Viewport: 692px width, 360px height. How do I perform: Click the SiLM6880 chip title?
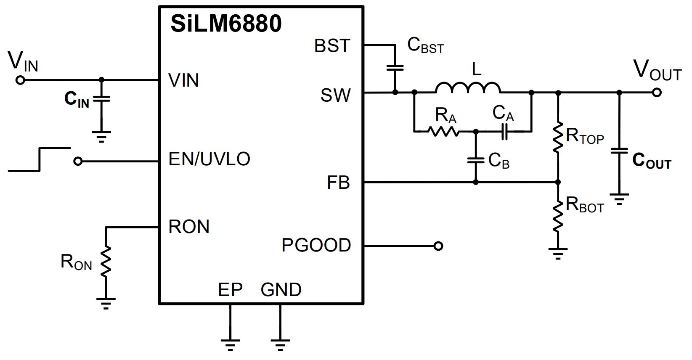(x=226, y=24)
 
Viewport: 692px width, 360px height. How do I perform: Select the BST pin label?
(x=332, y=46)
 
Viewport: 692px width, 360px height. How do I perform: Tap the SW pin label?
(x=335, y=95)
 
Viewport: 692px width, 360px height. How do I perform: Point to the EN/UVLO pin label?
(x=209, y=159)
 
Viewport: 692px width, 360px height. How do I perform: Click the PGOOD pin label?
(x=316, y=245)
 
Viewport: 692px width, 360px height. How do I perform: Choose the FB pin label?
(x=338, y=183)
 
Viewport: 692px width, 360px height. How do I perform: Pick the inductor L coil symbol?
(x=467, y=87)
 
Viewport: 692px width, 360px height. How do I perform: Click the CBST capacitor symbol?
(x=395, y=68)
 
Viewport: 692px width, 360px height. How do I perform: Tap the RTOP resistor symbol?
(x=558, y=138)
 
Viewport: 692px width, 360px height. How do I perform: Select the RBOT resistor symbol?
(x=558, y=216)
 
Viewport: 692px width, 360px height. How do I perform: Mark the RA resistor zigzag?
(x=444, y=132)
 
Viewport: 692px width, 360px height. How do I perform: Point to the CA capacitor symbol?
(x=504, y=132)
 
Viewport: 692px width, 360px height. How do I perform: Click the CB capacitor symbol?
(x=476, y=160)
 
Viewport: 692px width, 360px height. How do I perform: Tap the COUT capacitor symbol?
(x=619, y=151)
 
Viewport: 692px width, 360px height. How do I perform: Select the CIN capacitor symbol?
(x=101, y=99)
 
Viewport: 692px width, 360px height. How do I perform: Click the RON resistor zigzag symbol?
(x=106, y=261)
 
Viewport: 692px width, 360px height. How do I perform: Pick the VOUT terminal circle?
(x=657, y=92)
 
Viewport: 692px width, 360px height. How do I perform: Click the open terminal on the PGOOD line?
(x=438, y=246)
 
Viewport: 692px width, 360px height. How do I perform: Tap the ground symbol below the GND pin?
(x=280, y=344)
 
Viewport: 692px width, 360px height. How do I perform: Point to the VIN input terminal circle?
(x=20, y=80)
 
